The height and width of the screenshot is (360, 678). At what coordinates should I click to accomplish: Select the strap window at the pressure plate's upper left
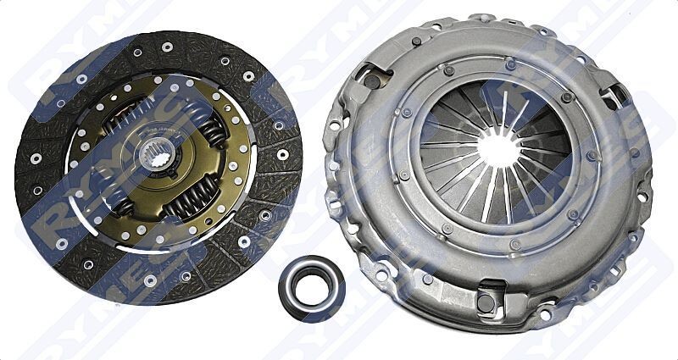373,81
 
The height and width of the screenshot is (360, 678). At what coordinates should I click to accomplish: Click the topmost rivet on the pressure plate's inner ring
510,63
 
